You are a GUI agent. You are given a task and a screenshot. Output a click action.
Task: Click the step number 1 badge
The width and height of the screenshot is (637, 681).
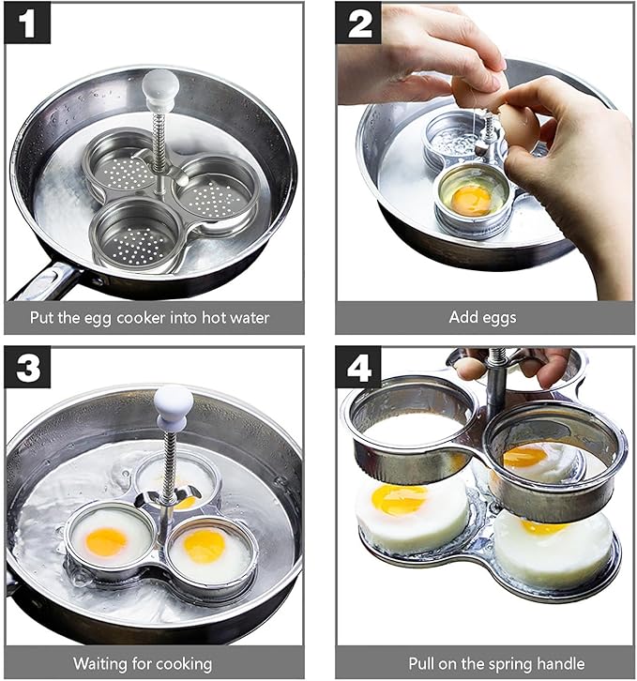click(27, 23)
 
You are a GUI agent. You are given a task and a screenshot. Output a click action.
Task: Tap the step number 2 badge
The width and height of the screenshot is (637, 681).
click(358, 23)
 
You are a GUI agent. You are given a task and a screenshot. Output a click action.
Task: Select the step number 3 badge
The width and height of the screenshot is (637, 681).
click(27, 367)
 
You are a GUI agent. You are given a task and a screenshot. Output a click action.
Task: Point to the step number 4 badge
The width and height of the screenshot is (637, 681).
click(358, 367)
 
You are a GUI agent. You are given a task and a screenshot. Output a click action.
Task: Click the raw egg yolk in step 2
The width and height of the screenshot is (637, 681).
click(472, 200)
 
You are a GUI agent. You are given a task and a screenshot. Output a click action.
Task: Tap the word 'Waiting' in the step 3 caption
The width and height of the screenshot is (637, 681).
click(100, 664)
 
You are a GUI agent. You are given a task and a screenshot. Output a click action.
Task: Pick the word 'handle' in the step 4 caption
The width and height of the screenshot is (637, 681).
click(561, 663)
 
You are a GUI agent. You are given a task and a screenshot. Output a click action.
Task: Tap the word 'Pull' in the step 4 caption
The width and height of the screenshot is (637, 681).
click(421, 663)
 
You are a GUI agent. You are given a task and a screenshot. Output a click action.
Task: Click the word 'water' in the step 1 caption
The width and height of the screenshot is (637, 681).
click(250, 318)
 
